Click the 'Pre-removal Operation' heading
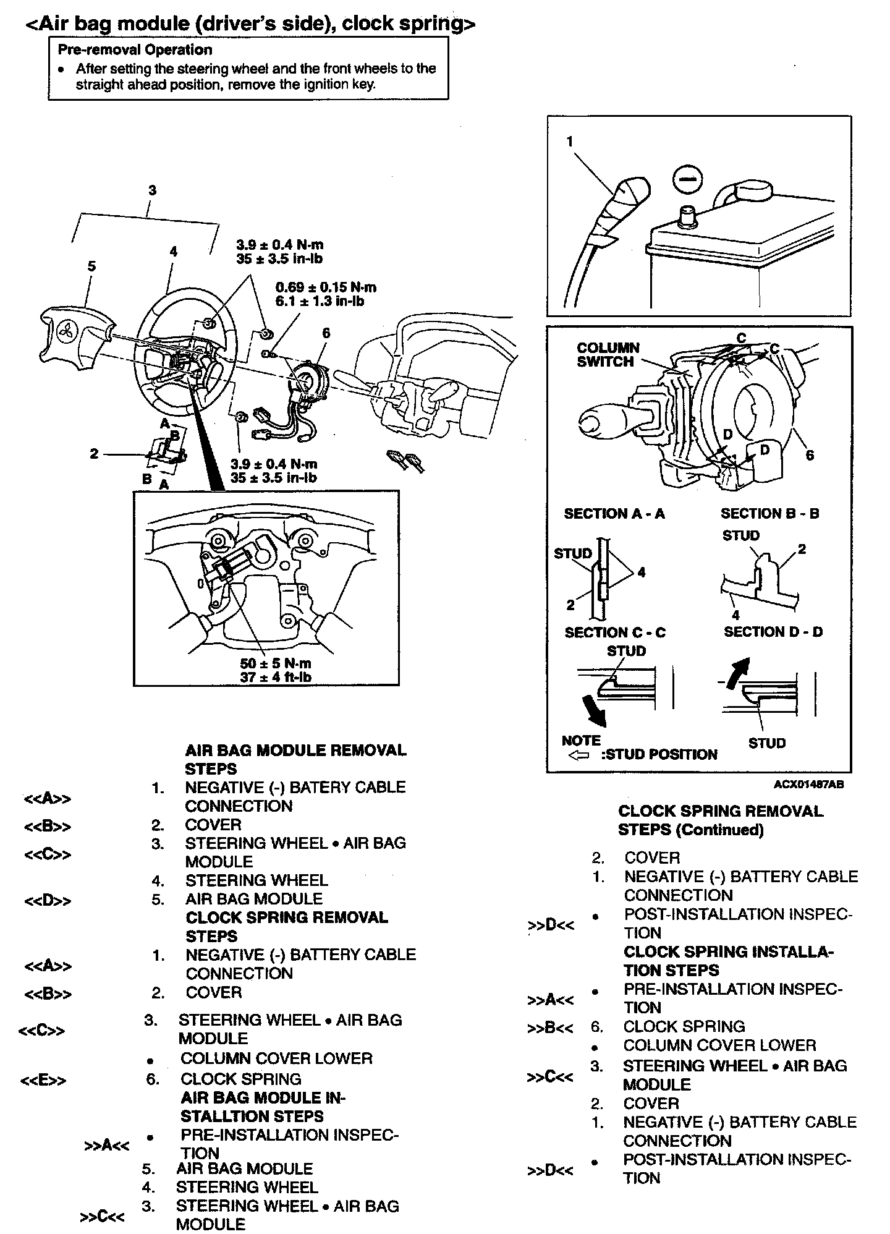pos(135,49)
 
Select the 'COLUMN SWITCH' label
pos(608,355)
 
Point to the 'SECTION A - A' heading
pos(614,513)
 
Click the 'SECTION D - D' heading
pos(773,632)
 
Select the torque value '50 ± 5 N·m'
pos(276,663)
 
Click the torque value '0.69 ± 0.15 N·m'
pos(326,287)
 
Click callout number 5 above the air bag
pos(91,266)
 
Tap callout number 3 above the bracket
pos(152,190)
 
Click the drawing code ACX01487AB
pos(808,784)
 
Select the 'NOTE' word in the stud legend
pos(581,740)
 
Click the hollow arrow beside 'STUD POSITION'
pos(578,755)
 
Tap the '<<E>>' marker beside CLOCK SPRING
pos(43,1081)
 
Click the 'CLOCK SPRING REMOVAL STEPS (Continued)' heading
pos(721,820)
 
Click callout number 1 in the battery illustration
pos(569,142)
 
